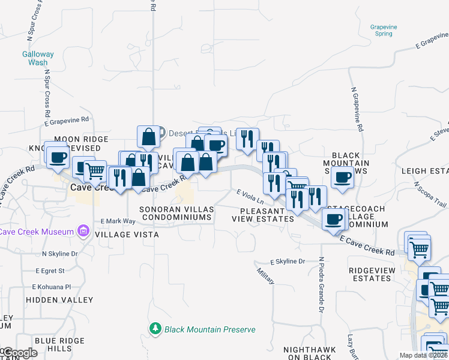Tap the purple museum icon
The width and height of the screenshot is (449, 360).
pyautogui.click(x=83, y=232)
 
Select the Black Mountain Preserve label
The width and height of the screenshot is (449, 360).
pyautogui.click(x=210, y=329)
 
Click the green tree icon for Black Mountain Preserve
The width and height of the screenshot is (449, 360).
pyautogui.click(x=155, y=329)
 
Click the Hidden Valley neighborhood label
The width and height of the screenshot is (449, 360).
pyautogui.click(x=59, y=299)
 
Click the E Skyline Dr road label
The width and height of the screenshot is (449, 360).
pyautogui.click(x=288, y=262)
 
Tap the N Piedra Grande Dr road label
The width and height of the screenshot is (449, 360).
pyautogui.click(x=321, y=285)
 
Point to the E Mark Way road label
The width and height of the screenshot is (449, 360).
pyautogui.click(x=118, y=221)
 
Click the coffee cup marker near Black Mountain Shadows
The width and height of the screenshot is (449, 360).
pyautogui.click(x=342, y=178)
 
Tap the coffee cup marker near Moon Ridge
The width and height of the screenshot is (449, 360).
pyautogui.click(x=58, y=158)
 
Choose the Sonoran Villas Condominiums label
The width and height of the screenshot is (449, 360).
pyautogui.click(x=176, y=213)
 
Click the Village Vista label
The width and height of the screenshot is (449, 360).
pyautogui.click(x=130, y=235)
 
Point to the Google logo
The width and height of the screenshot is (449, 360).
pyautogui.click(x=19, y=353)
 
